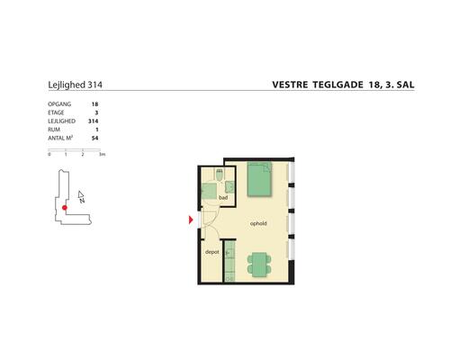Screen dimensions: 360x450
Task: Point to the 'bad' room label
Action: coord(222,197)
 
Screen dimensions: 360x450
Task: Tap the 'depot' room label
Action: coord(212,253)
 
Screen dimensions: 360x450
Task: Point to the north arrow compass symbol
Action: coord(81,196)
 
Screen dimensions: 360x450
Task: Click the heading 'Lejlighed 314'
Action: coord(74,87)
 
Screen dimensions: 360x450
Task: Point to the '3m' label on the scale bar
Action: coord(103,156)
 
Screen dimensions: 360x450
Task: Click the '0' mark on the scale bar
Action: coord(49,156)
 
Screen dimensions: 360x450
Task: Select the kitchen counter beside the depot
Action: coord(229,261)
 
